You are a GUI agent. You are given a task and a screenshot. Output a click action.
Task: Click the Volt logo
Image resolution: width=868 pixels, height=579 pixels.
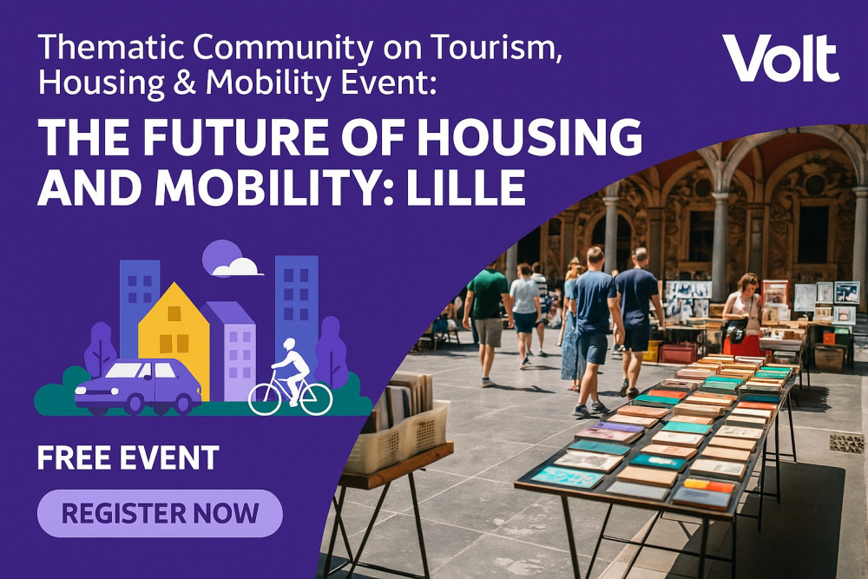point(780,57)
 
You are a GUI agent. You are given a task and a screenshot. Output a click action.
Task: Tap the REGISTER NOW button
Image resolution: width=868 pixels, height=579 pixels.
point(160,513)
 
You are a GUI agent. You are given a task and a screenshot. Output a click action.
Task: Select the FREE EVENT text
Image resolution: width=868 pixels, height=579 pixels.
point(128,457)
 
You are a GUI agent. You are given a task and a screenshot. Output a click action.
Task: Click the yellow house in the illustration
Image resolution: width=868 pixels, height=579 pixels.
point(174,340)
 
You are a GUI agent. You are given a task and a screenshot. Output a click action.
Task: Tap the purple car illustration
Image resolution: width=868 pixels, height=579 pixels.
point(138,386)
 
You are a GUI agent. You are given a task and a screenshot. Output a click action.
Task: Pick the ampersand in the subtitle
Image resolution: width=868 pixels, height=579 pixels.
point(185,83)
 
